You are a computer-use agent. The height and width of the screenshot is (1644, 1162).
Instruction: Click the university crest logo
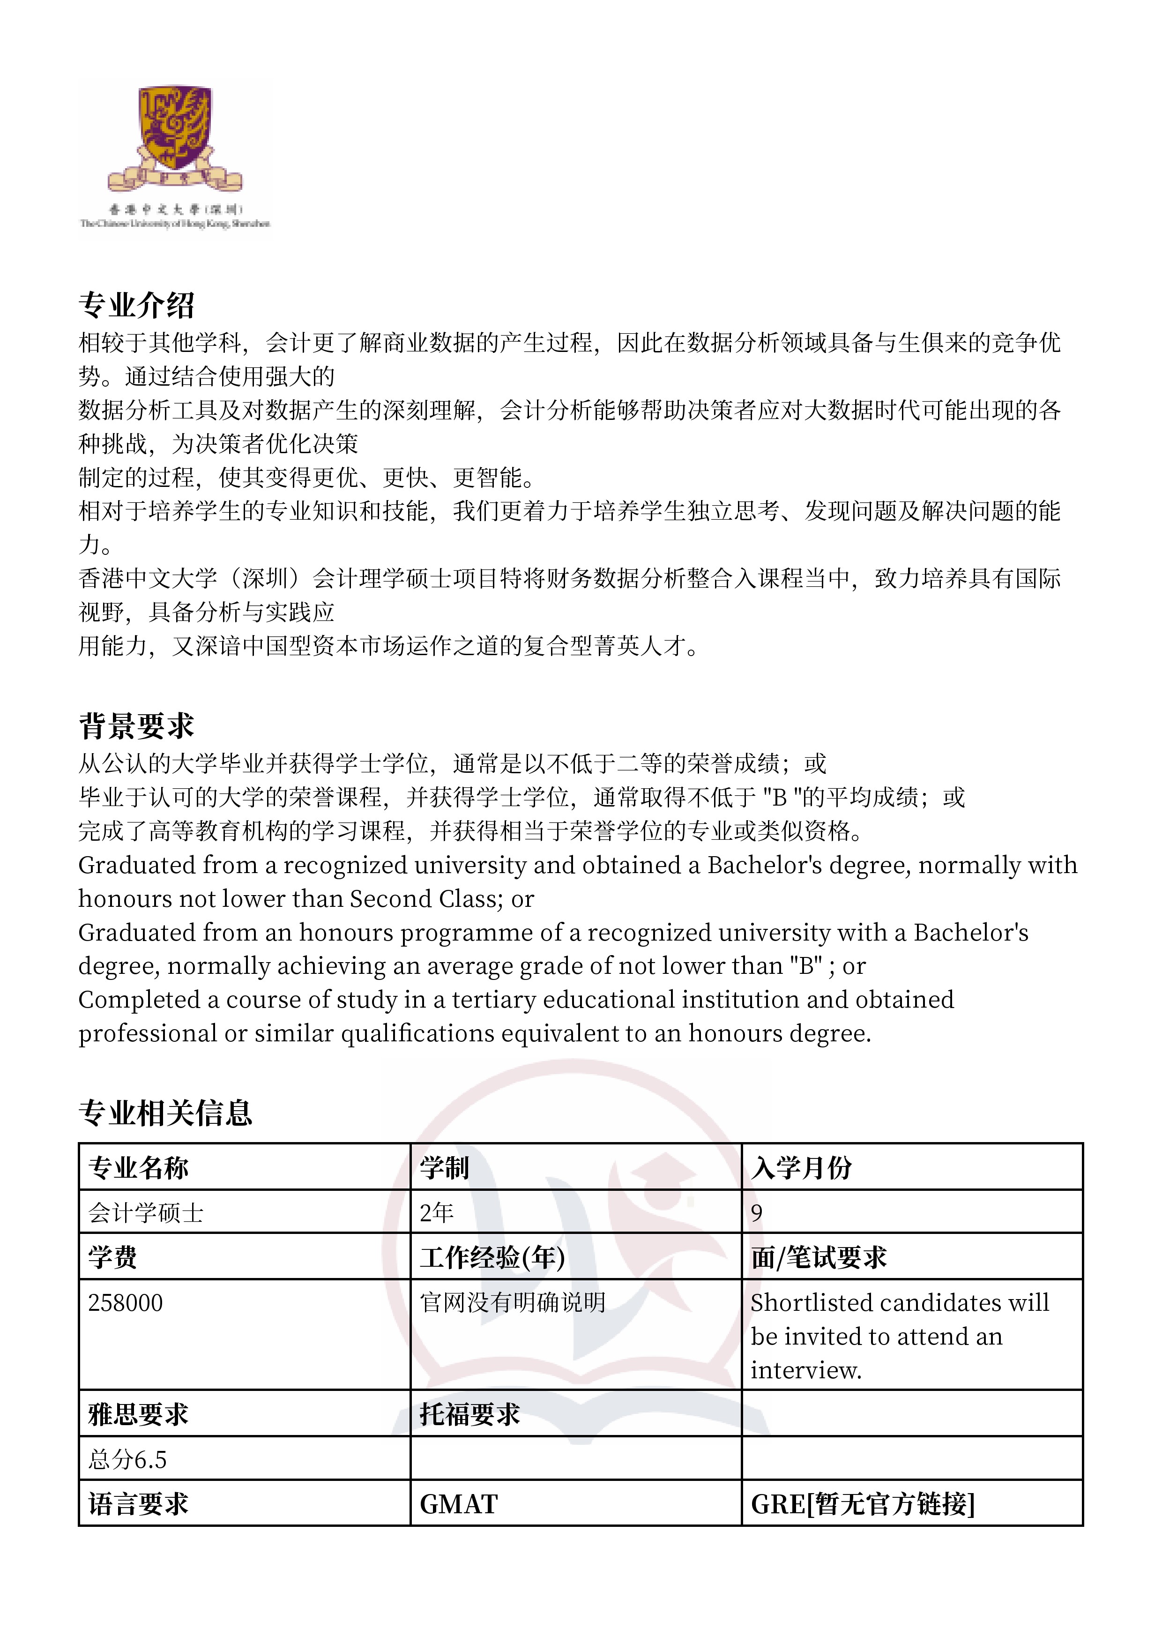(x=175, y=140)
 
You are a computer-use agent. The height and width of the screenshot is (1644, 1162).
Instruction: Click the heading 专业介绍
(x=136, y=305)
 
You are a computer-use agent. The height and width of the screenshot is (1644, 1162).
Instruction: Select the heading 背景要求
(x=136, y=726)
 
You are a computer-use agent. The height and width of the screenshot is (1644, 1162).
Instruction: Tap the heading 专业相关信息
(x=165, y=1113)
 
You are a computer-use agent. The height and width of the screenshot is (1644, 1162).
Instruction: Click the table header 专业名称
(x=138, y=1168)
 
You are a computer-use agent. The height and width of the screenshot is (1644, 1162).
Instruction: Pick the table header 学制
(x=444, y=1168)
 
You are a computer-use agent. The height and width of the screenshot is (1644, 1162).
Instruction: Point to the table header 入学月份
(x=801, y=1168)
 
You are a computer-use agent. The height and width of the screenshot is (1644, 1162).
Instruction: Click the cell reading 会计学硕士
(x=146, y=1213)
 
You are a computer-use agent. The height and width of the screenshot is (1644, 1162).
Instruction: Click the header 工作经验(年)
(x=492, y=1257)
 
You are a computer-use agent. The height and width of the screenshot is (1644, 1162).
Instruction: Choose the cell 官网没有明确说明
(x=513, y=1302)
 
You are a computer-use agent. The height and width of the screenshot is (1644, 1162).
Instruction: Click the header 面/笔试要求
(x=819, y=1257)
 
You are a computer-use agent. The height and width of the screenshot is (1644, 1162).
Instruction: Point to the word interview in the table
(x=805, y=1370)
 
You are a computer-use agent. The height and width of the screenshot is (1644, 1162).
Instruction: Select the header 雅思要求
(x=138, y=1414)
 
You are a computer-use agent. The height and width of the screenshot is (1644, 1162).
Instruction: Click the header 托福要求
(x=469, y=1414)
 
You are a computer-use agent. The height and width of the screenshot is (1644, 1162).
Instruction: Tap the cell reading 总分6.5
(x=127, y=1459)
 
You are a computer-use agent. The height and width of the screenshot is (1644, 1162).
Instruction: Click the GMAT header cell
(x=459, y=1504)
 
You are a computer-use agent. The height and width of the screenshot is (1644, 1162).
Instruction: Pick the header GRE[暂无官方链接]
(x=863, y=1504)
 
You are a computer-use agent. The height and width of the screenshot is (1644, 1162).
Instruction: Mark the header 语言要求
(x=138, y=1504)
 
